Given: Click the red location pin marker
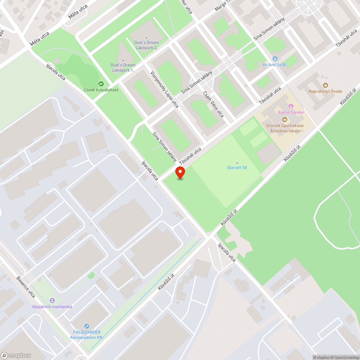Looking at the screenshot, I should coord(180,172).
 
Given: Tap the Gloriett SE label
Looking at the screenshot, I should coord(237,167).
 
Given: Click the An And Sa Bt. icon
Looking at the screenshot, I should coord(275,58).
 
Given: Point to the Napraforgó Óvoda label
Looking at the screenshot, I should coord(325,91).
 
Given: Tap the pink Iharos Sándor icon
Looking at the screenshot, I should coord(291,106).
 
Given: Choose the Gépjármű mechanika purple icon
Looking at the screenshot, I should coord(53,300).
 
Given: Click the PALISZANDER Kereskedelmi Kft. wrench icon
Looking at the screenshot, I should coord(86,326).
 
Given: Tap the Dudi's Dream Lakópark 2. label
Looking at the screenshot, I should coord(146,45).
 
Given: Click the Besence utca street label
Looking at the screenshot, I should coord(26,287).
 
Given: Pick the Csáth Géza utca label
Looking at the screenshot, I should coord(213,104).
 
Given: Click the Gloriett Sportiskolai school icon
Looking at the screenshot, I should coord(284,120).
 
